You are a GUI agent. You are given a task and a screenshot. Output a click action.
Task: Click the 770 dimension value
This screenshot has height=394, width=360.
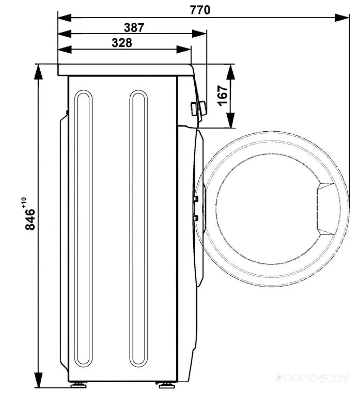(x=200, y=10)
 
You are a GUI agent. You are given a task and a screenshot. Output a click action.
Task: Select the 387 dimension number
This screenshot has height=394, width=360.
(x=134, y=27)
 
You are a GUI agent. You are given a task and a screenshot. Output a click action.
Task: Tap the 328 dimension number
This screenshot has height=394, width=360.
(x=122, y=43)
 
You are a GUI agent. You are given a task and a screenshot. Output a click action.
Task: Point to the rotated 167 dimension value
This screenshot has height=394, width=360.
(x=223, y=96)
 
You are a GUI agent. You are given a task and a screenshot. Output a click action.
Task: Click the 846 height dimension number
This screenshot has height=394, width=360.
(x=30, y=219)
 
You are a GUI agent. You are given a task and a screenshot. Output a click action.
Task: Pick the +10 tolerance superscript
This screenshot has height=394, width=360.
(x=24, y=202)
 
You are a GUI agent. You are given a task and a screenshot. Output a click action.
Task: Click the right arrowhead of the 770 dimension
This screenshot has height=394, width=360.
(x=342, y=18)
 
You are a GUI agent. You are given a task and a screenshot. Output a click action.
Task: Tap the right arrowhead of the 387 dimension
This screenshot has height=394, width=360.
(x=199, y=34)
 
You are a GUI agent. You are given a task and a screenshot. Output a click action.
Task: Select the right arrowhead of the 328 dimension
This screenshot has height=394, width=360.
(x=184, y=49)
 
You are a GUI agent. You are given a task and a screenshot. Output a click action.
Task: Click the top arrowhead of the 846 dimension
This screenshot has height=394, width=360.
(x=38, y=72)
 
